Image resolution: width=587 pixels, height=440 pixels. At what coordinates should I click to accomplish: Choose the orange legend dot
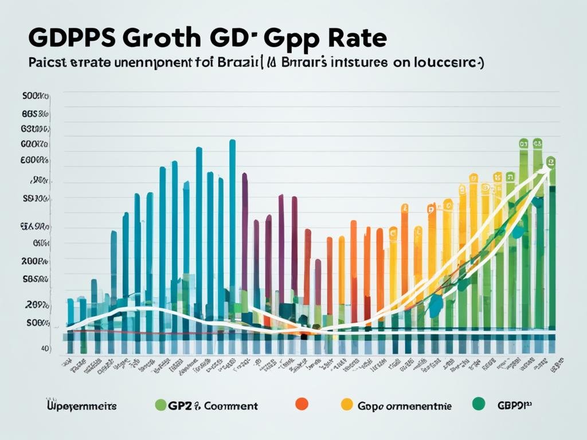[x=301, y=404]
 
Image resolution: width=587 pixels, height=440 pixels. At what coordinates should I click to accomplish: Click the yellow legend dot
[x=346, y=404]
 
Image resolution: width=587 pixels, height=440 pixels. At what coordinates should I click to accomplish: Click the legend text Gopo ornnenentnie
[x=404, y=406]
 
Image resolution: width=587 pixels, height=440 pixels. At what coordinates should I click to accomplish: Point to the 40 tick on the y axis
[x=44, y=348]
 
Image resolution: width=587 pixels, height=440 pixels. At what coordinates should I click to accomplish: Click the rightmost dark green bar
[x=552, y=258]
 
